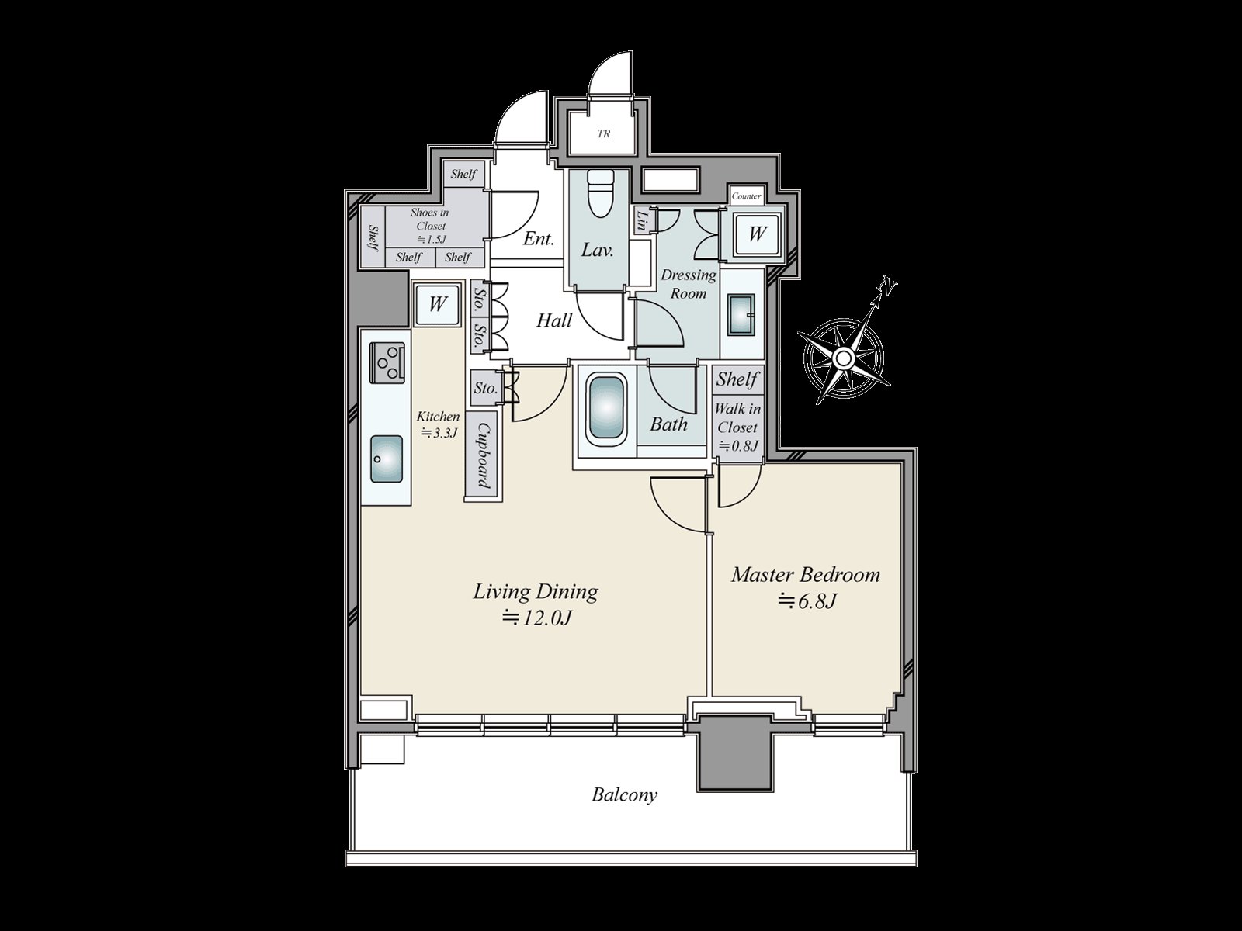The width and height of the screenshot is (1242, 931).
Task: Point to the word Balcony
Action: point(624,794)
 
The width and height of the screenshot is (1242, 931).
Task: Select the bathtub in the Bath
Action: point(607,408)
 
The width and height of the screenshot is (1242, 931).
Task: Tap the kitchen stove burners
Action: point(387,362)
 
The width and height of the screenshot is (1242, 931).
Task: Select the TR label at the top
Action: point(603,134)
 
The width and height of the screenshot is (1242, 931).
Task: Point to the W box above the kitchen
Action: point(437,303)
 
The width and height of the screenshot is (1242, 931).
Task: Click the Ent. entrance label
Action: point(538,239)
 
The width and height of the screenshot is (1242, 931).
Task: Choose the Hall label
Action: point(554,320)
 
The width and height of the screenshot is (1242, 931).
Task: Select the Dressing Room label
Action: point(688,284)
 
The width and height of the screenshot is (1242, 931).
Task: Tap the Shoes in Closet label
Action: point(429,226)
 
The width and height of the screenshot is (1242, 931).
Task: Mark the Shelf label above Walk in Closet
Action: point(737,379)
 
